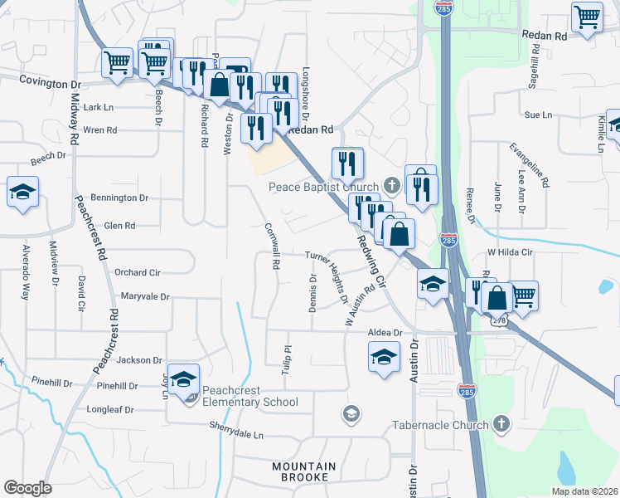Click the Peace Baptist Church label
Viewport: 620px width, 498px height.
[323, 187]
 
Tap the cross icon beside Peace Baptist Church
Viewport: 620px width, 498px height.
[393, 185]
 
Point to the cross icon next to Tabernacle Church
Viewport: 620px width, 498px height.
[500, 425]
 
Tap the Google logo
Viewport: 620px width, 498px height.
[27, 488]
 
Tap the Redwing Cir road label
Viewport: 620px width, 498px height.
[371, 260]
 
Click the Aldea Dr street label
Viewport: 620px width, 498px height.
[385, 332]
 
